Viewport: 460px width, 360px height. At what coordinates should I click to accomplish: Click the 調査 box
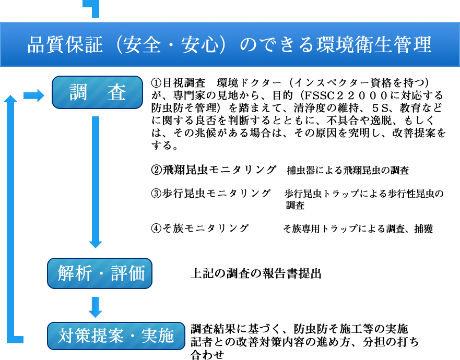coord(97,92)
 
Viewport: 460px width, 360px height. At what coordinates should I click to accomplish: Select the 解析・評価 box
coord(100,273)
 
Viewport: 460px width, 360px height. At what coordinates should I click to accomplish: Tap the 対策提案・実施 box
coord(116,336)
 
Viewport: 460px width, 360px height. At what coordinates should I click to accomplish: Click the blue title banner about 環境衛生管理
coord(230,44)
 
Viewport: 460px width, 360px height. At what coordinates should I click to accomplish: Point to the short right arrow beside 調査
coord(34,95)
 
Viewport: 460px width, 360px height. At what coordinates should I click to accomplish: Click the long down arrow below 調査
coord(96,182)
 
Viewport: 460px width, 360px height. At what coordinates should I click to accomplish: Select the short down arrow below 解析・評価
coord(96,307)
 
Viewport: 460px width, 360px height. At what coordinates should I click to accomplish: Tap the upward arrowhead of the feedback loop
coord(10,99)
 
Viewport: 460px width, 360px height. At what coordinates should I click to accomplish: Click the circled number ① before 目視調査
coord(156,83)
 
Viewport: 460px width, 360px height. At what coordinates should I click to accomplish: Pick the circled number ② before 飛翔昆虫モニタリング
coord(156,170)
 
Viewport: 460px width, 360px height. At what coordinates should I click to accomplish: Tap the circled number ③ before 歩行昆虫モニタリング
coord(156,194)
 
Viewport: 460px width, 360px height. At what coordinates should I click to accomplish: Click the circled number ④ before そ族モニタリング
coord(156,229)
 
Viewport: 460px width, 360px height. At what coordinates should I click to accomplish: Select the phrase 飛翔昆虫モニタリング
coord(219,170)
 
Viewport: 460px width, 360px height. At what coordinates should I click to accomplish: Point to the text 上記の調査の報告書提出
coord(256,273)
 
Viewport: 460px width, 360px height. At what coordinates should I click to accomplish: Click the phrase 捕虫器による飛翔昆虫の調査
coord(348,170)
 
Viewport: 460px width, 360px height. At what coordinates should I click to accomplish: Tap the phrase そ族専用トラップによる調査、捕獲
coord(358,229)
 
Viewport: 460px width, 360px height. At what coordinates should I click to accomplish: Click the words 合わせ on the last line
coord(207,354)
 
